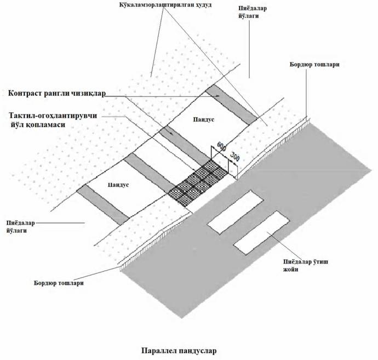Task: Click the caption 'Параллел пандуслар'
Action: click(179, 350)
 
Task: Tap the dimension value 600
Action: click(221, 147)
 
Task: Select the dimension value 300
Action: click(235, 157)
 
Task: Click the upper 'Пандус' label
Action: click(204, 119)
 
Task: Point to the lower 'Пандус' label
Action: click(118, 185)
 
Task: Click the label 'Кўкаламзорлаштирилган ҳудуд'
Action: click(165, 5)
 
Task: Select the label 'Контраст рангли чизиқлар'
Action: click(57, 93)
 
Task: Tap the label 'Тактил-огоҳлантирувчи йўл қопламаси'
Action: click(53, 120)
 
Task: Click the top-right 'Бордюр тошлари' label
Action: click(314, 64)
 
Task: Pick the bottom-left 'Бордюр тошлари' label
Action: click(59, 283)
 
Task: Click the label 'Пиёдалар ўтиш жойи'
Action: click(306, 265)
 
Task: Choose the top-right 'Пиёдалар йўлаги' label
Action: click(253, 12)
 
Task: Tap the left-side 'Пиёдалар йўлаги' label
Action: click(20, 227)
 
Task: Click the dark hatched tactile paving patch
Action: click(198, 182)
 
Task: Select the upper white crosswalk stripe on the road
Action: click(235, 212)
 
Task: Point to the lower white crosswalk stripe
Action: click(261, 233)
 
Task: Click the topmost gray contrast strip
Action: click(231, 105)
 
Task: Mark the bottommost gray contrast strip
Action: click(102, 205)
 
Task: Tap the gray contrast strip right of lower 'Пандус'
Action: click(150, 173)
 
